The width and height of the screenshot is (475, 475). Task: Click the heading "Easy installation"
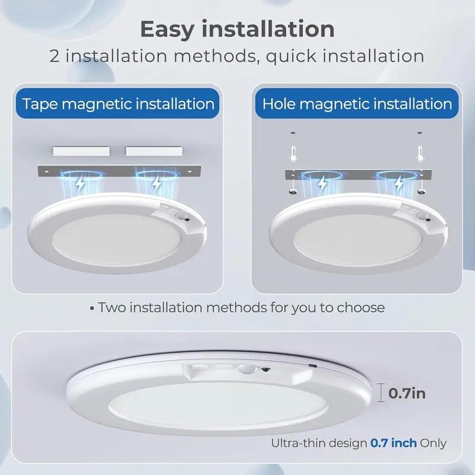click(x=237, y=28)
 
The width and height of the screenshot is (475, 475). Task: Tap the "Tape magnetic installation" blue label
click(x=118, y=104)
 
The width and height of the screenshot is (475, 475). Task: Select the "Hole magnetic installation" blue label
click(x=357, y=104)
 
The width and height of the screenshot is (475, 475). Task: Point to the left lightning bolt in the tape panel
click(x=80, y=185)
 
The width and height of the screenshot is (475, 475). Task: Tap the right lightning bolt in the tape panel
click(x=156, y=185)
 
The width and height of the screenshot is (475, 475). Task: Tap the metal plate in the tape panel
click(x=119, y=170)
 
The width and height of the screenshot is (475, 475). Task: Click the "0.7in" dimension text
click(x=407, y=392)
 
